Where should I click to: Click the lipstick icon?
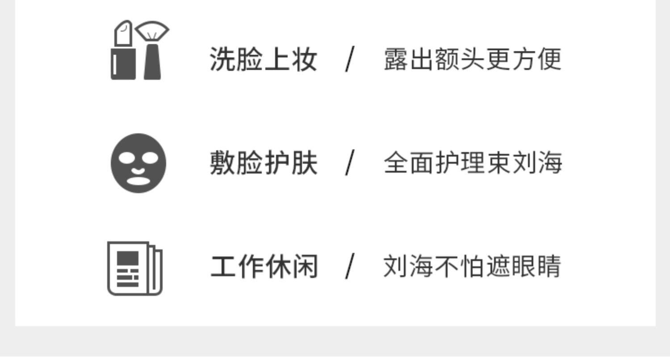[x=123, y=51]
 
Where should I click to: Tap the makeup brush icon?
[x=152, y=51]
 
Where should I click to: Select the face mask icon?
[x=138, y=163]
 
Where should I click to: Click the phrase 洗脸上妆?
[x=264, y=59]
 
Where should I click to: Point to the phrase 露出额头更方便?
[x=472, y=59]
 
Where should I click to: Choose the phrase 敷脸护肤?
[x=264, y=163]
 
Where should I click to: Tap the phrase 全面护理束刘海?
[x=473, y=163]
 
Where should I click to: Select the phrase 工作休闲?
[x=264, y=267]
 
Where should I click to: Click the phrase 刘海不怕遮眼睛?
[x=472, y=267]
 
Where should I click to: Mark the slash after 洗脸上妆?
[x=350, y=59]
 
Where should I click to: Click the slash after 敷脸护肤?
[x=350, y=163]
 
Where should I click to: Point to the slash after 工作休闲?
[x=350, y=267]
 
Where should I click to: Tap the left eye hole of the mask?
[x=126, y=158]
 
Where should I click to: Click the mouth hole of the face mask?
[x=138, y=180]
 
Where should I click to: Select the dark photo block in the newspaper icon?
[x=127, y=258]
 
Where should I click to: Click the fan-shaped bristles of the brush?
[x=152, y=31]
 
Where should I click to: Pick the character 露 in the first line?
[x=396, y=59]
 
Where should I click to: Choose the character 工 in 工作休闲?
[x=223, y=267]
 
